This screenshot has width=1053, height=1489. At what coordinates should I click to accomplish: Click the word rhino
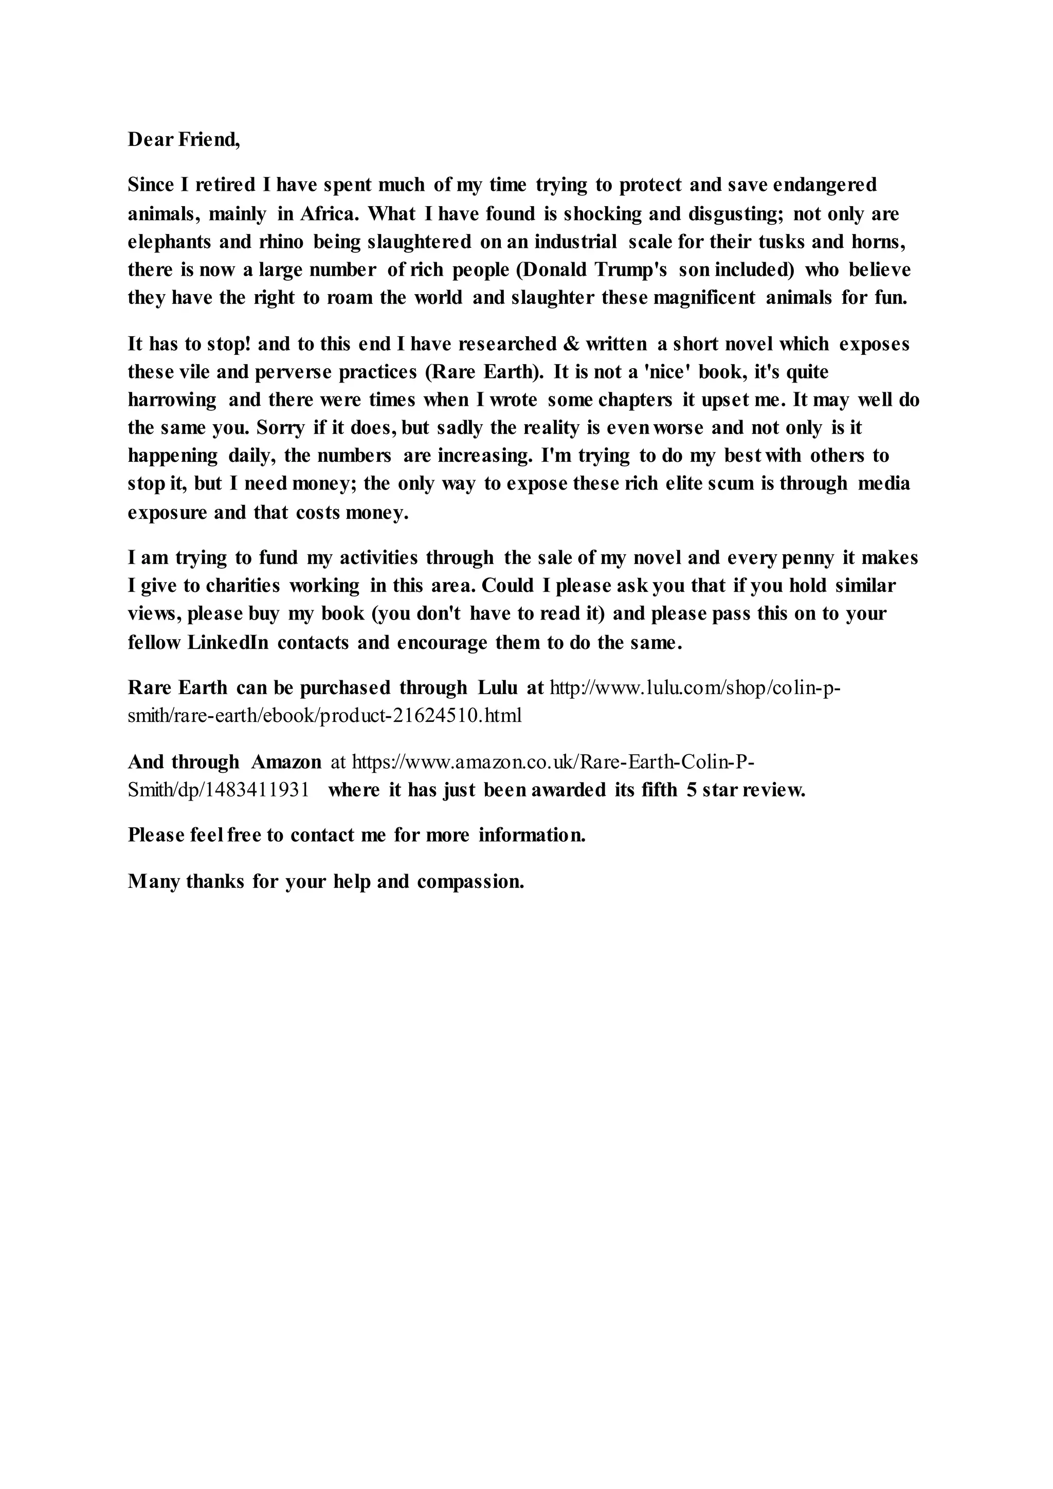[x=281, y=242]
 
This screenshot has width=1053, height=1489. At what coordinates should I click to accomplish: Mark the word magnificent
[x=705, y=298]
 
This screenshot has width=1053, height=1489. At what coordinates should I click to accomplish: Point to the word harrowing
[x=172, y=400]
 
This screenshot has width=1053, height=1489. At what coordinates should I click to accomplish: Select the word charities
[x=243, y=586]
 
